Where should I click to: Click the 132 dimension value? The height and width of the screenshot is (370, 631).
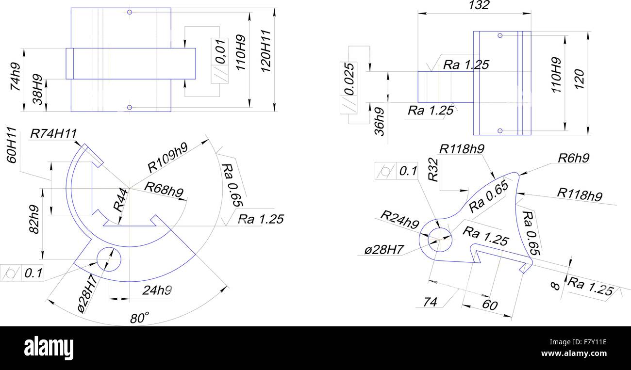(479, 5)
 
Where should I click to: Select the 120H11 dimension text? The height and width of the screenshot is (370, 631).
(266, 52)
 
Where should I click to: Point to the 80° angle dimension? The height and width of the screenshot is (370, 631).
(139, 319)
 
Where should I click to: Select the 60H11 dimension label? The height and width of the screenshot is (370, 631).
(14, 145)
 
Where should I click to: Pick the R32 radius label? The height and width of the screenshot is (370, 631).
(433, 173)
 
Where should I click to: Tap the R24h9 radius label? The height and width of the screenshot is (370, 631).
(399, 219)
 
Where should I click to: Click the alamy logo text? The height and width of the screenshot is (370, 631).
(49, 348)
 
